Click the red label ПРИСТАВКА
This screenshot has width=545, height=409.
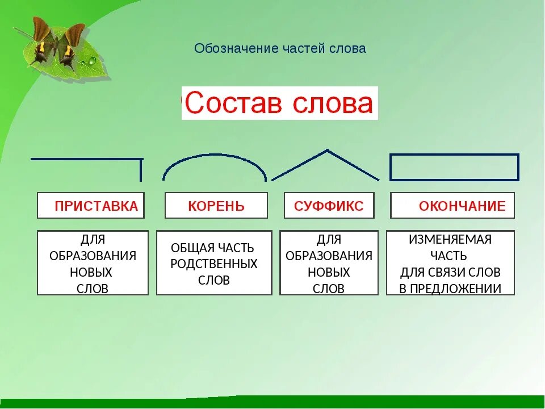(97, 206)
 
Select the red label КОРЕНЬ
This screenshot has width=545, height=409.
(216, 206)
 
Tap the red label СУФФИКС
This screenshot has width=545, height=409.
(329, 206)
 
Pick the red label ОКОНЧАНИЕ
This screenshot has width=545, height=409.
(462, 206)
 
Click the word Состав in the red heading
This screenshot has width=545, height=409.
(233, 103)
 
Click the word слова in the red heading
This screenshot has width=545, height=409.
(333, 103)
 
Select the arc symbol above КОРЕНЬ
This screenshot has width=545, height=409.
(215, 155)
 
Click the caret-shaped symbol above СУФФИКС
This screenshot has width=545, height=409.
(327, 150)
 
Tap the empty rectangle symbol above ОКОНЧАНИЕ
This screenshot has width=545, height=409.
(454, 155)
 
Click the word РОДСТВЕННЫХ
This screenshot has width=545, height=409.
(214, 264)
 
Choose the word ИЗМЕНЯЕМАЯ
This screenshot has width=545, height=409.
(450, 240)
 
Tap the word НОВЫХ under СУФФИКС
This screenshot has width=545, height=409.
(329, 272)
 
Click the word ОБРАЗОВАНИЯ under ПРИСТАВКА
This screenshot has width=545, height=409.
(93, 256)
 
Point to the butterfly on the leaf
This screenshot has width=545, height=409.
(56, 44)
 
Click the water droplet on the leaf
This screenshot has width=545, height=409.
(92, 61)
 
